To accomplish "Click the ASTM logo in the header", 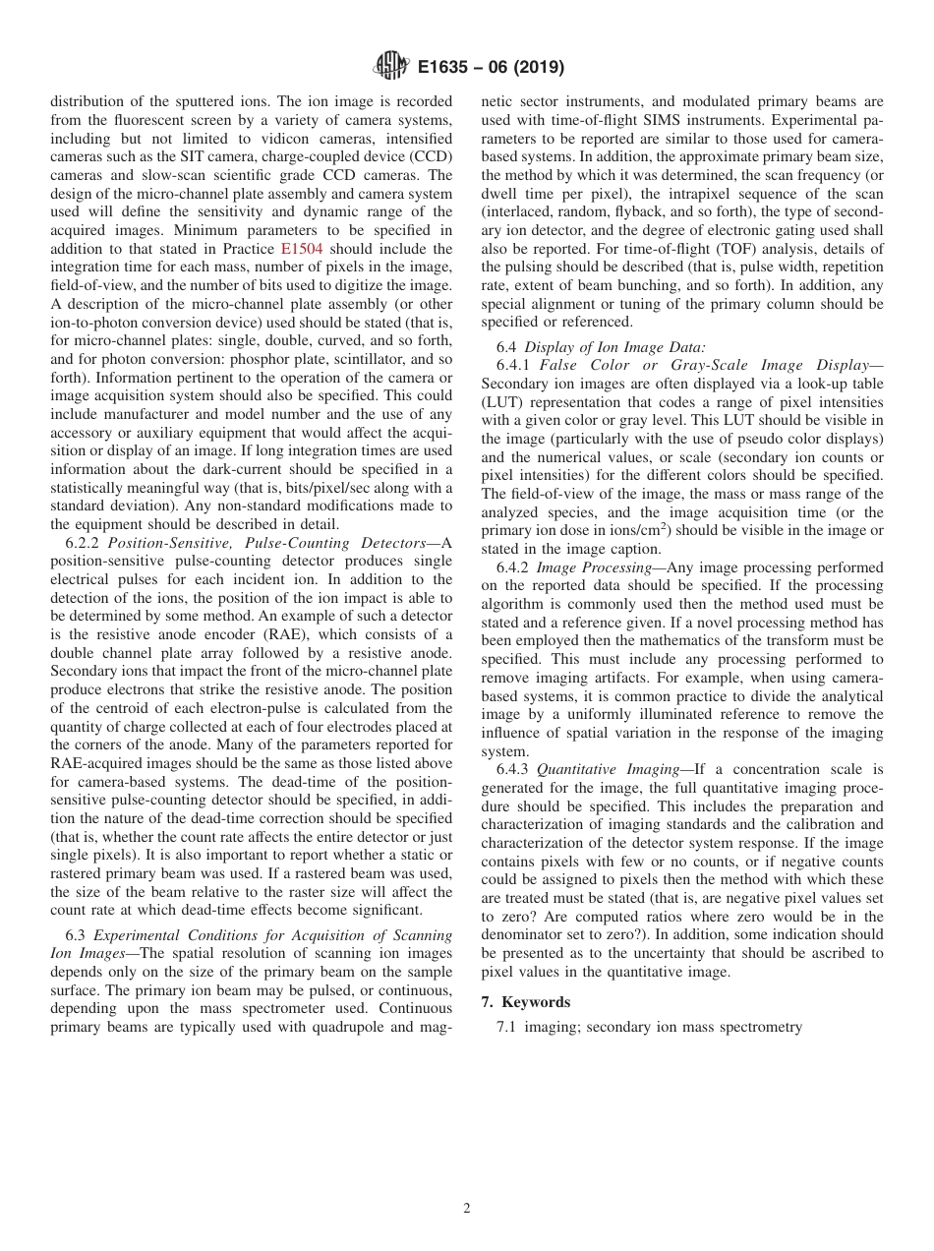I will [x=391, y=67].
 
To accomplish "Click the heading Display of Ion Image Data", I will [x=614, y=346].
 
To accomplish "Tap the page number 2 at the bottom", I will [x=467, y=1209].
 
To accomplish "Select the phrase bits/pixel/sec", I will [x=281, y=489].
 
